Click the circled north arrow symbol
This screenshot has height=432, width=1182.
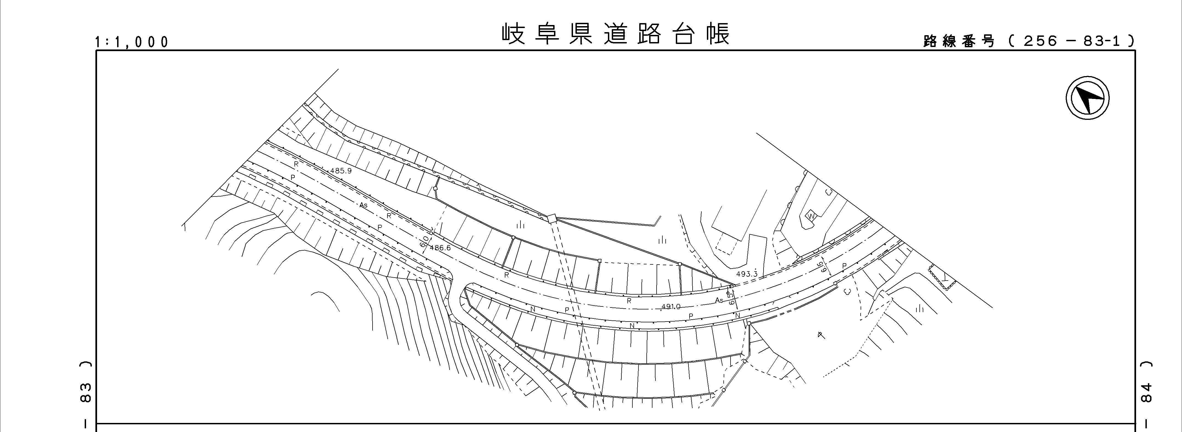[x=1087, y=99]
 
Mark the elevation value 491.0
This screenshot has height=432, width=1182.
[x=671, y=306]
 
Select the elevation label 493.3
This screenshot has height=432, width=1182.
[x=746, y=274]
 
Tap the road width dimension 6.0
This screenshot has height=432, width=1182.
[x=425, y=242]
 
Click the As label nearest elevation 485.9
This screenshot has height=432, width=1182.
[x=363, y=205]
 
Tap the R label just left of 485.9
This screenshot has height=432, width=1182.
[x=296, y=164]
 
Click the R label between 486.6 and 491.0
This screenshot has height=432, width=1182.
[x=506, y=275]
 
